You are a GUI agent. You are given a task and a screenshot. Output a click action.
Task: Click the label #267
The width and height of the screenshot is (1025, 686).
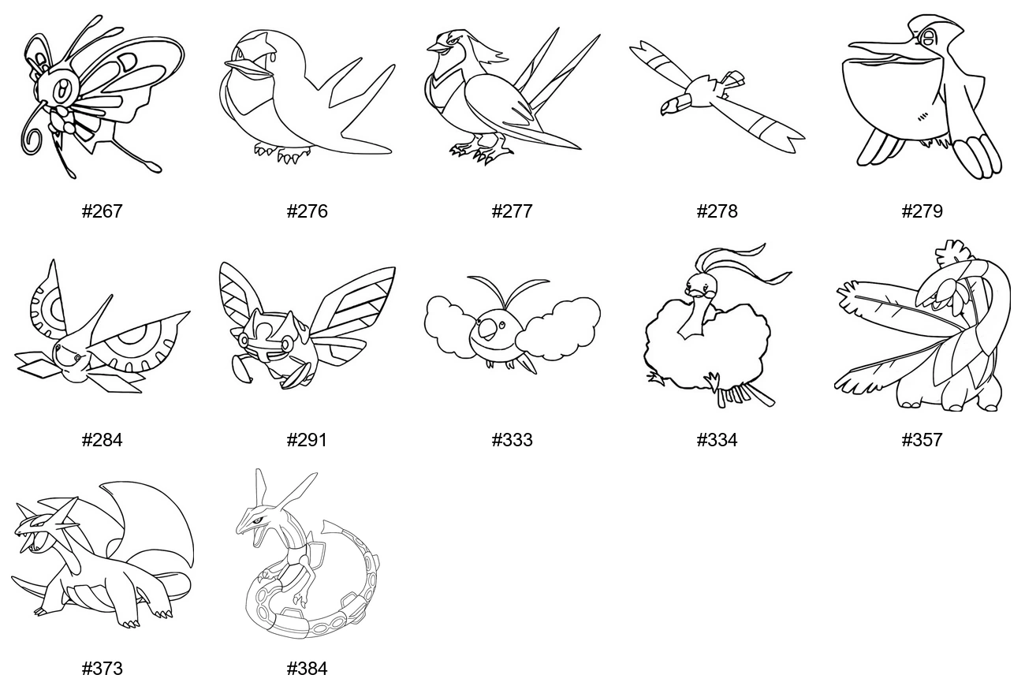tap(102, 211)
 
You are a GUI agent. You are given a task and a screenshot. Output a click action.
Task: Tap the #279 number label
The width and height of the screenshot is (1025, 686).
tap(922, 211)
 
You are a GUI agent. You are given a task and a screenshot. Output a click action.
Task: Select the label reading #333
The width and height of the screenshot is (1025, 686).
tap(512, 440)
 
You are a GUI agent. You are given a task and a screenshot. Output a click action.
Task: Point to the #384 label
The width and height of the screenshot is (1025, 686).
tap(307, 669)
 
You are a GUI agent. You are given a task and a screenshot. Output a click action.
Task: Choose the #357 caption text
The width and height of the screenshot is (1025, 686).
tap(922, 440)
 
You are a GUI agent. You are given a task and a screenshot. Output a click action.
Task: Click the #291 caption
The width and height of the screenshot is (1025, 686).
tap(307, 440)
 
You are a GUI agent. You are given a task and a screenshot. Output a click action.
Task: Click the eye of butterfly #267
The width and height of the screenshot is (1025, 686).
tap(60, 89)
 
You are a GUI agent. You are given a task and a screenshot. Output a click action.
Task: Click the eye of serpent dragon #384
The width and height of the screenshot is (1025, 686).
tap(258, 520)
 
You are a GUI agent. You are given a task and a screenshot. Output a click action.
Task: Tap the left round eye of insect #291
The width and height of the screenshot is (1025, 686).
tap(244, 341)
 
